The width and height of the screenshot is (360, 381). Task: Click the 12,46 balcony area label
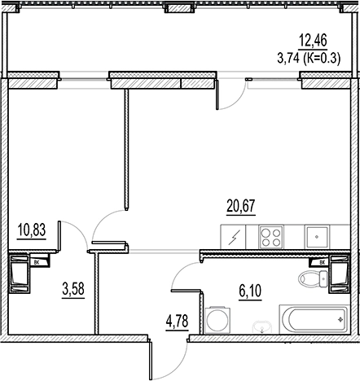tap(313, 41)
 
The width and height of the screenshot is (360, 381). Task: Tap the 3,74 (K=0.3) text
tap(309, 58)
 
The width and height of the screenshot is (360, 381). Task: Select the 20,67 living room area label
tap(241, 206)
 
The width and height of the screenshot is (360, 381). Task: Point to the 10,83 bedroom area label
tap(32, 230)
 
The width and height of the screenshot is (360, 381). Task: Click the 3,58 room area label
tap(73, 289)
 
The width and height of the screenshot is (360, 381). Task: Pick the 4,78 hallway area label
tap(177, 321)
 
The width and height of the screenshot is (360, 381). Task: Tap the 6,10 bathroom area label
tap(250, 291)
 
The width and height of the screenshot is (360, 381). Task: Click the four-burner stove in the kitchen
tap(271, 237)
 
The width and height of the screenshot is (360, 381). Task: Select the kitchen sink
tap(317, 237)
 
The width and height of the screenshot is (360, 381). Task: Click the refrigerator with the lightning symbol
tap(233, 237)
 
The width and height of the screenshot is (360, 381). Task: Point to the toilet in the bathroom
tap(313, 278)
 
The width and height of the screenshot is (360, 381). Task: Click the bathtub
tap(314, 319)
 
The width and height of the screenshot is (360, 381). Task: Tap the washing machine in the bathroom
tap(217, 320)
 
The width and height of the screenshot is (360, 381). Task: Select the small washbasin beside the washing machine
tap(261, 326)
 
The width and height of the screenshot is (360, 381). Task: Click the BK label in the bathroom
tap(322, 262)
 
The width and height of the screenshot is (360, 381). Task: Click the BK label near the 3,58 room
tap(36, 262)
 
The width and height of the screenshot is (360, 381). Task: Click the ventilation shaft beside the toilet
tap(339, 274)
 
